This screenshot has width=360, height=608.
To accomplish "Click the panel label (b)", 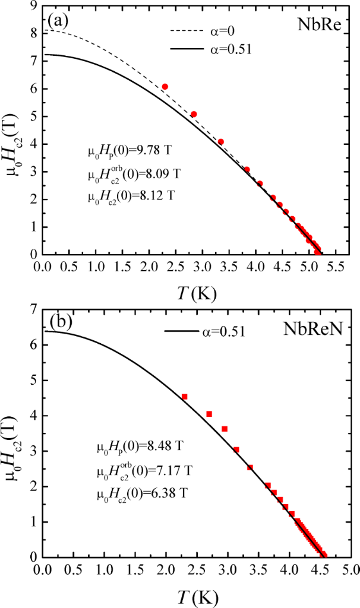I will (61, 323).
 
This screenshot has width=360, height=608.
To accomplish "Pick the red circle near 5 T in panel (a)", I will (194, 114).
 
